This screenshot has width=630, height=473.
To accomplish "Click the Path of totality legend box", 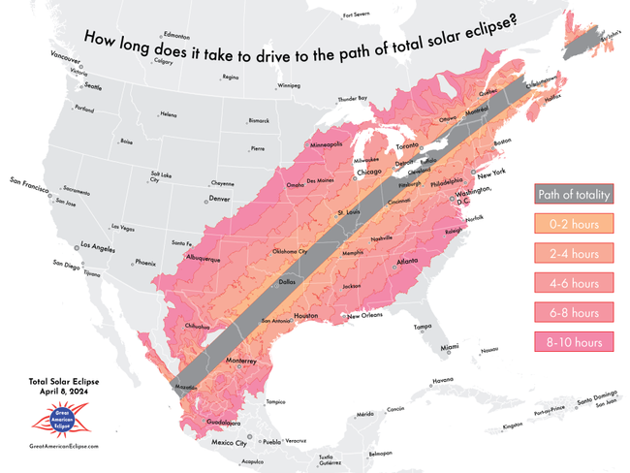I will (573, 194).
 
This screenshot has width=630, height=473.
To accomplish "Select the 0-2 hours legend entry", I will (573, 224).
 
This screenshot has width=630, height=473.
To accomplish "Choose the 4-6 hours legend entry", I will (573, 283).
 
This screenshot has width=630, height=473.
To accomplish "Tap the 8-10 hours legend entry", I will (573, 342).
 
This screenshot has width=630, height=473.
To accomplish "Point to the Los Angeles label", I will (99, 245).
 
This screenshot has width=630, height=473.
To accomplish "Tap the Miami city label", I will (450, 347).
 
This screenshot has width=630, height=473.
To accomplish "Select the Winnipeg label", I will (289, 86).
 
